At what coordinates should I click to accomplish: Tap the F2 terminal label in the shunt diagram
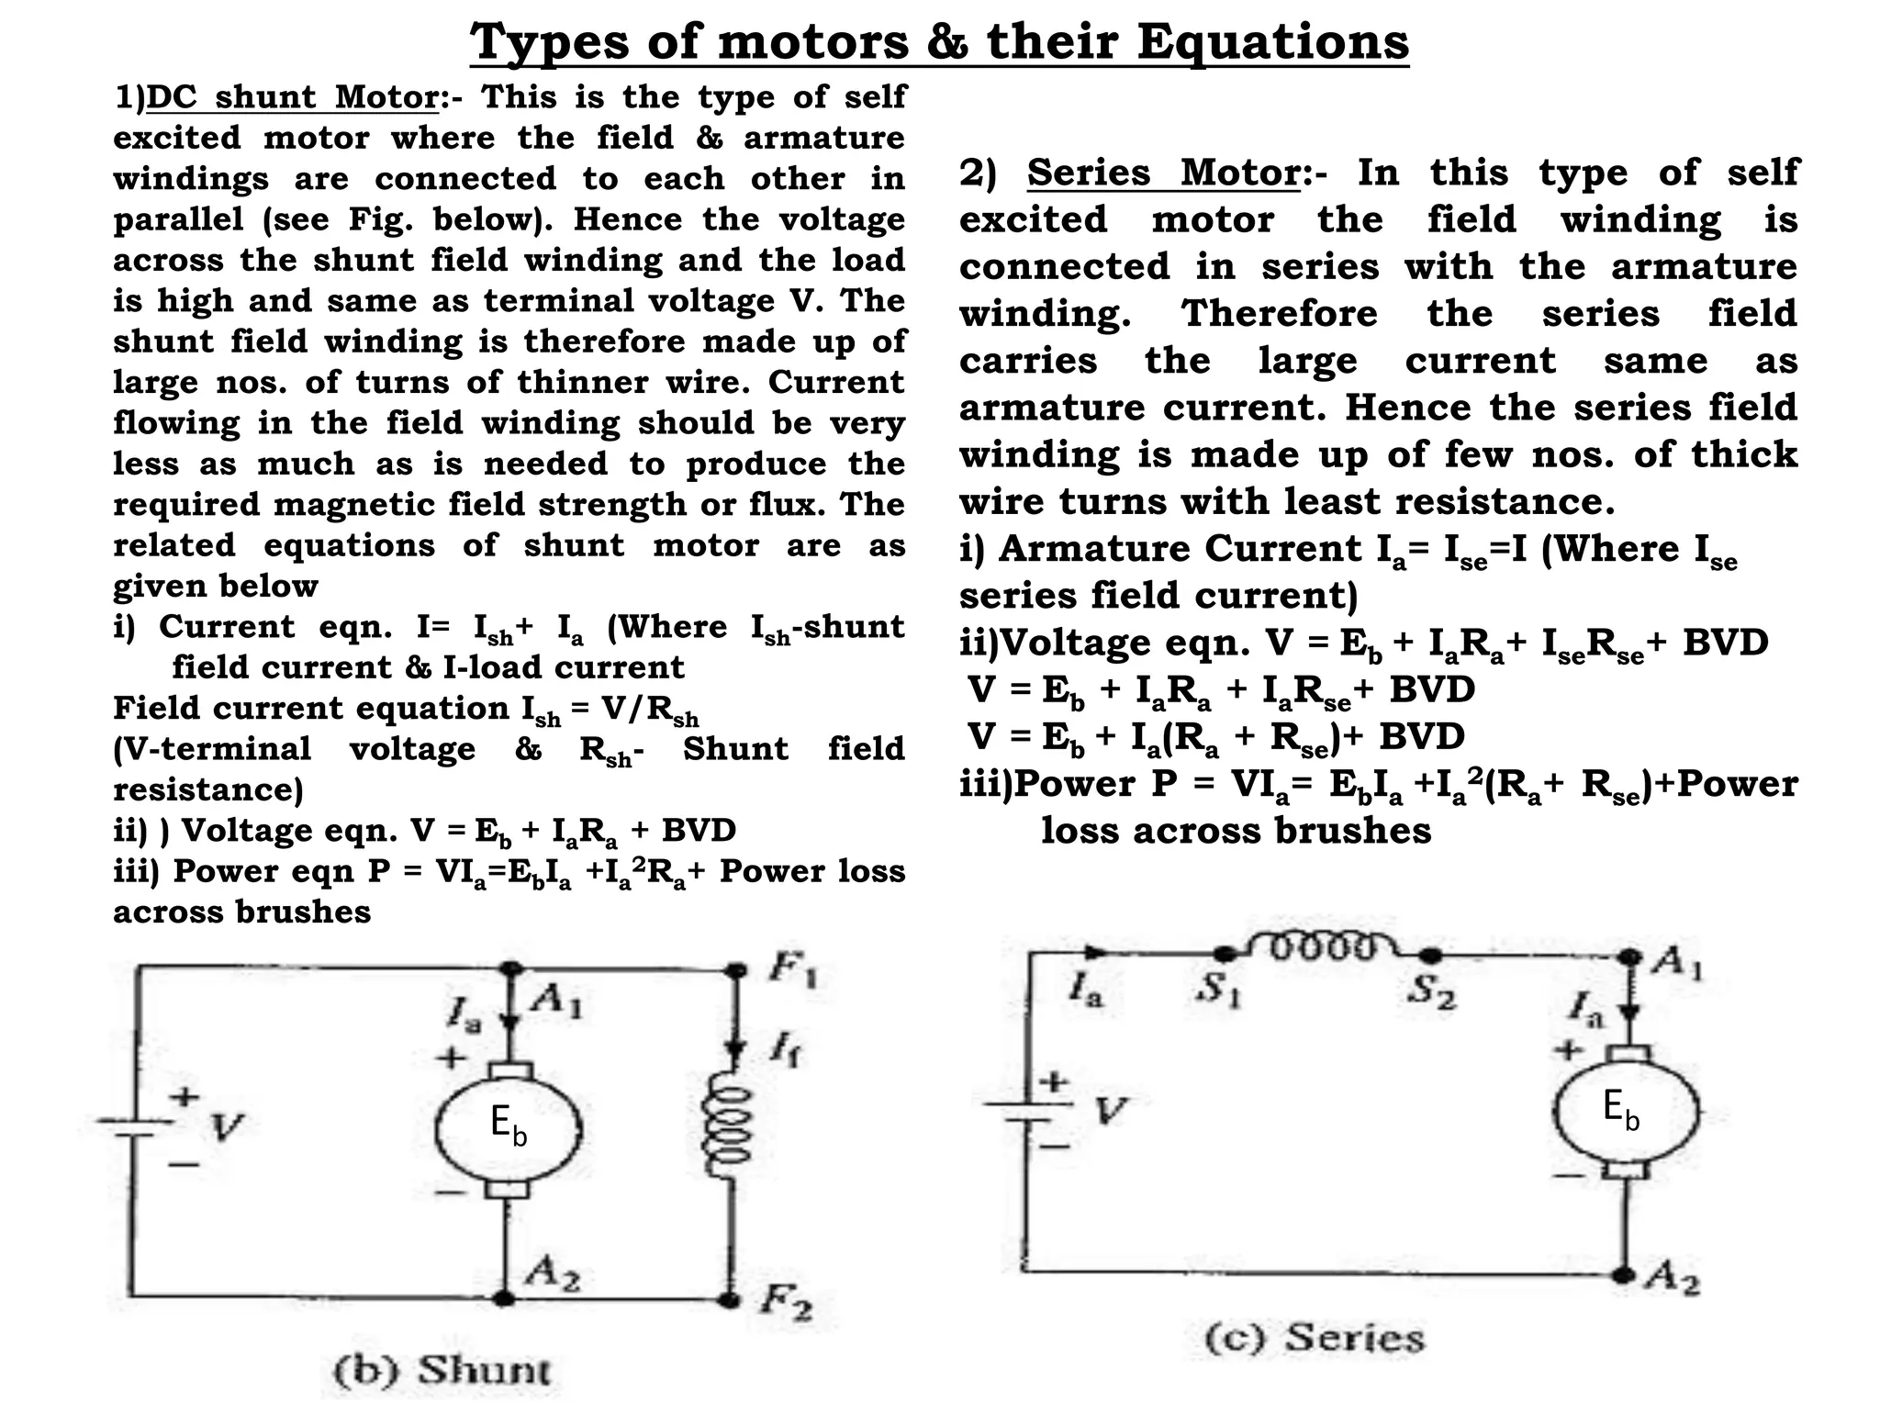point(786,1304)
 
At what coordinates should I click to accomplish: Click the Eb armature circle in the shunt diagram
point(508,1125)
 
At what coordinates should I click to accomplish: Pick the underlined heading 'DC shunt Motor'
point(292,96)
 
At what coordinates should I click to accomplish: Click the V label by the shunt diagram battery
point(226,1126)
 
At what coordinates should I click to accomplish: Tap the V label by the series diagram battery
point(1110,1112)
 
